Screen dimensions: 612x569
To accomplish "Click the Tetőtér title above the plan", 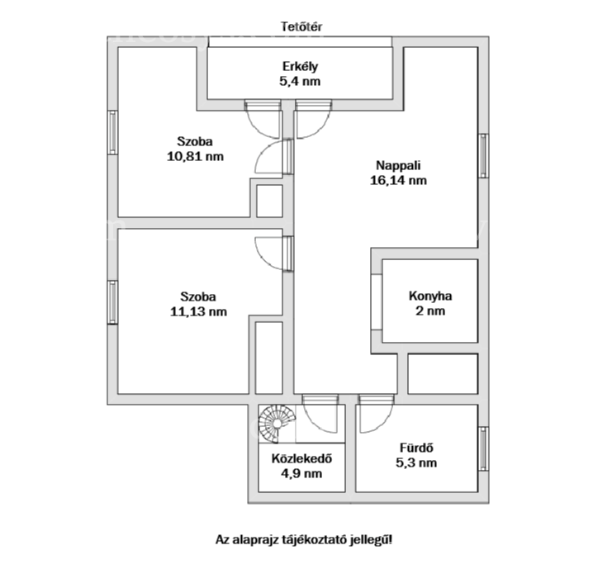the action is point(301,26).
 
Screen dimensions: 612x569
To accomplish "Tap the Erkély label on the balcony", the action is point(300,66).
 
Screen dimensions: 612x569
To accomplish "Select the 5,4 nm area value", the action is point(300,81).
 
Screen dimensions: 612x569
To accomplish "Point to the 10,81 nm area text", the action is point(195,156).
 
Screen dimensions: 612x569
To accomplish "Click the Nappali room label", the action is point(398,165).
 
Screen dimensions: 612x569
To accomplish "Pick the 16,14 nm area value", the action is point(398,180).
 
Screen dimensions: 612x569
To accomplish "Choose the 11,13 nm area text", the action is point(198,312).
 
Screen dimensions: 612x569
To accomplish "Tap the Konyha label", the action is point(430,296).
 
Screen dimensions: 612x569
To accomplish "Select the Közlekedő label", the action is point(301,458).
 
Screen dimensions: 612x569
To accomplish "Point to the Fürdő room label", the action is point(416,448).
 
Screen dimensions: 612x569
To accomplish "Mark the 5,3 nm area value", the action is point(416,462).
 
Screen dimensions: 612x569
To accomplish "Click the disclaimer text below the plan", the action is point(304,540).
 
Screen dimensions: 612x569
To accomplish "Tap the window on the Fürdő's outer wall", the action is point(484,448).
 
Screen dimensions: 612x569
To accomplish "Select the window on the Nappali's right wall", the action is point(484,156).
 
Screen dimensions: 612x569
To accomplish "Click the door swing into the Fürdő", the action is point(376,415).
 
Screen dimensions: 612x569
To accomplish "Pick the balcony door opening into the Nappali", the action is point(313,120).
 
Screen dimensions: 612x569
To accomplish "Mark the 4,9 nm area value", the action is point(301,473).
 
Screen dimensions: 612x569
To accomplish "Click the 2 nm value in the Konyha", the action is point(430,311).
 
